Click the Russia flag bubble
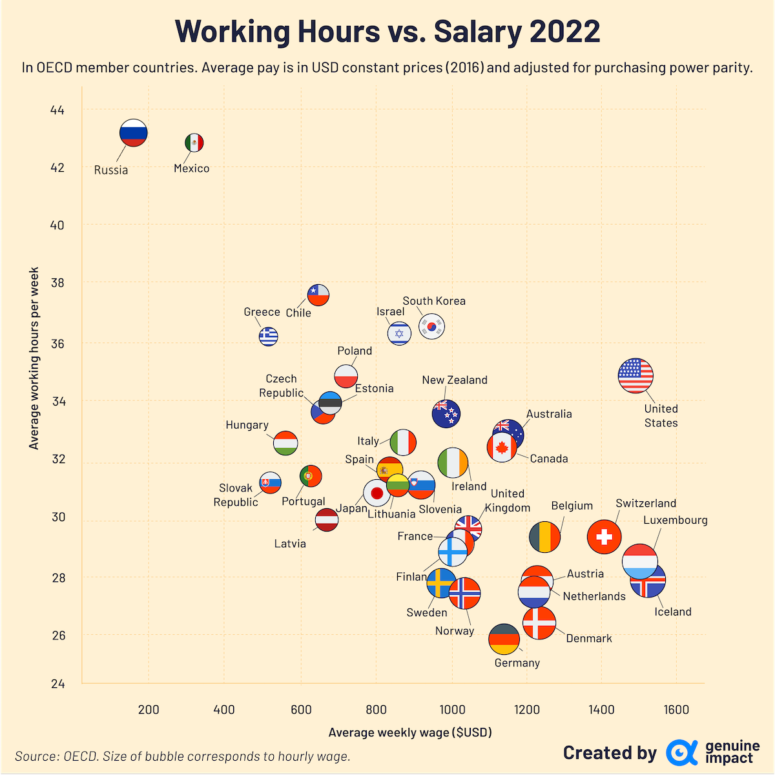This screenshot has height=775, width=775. click(x=134, y=133)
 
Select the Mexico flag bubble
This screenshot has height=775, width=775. click(x=194, y=143)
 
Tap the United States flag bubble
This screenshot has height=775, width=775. click(x=635, y=375)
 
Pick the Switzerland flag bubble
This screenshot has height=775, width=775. click(x=604, y=536)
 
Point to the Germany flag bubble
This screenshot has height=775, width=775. click(x=504, y=639)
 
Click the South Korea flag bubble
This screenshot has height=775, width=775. click(x=431, y=327)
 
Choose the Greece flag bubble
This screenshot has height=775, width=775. click(x=268, y=336)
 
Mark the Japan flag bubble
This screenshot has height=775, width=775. click(x=377, y=493)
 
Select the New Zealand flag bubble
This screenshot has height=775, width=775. click(x=446, y=414)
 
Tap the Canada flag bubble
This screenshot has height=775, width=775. click(x=502, y=448)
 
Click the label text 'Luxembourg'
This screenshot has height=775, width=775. click(x=676, y=520)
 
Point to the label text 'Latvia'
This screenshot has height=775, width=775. click(x=290, y=543)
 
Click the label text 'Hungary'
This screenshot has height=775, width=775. click(x=247, y=425)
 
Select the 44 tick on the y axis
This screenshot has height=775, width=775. click(x=57, y=110)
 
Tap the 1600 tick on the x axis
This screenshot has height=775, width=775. click(x=676, y=710)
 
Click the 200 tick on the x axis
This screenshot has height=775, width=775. click(x=149, y=710)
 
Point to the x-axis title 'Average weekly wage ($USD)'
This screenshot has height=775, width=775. click(x=410, y=732)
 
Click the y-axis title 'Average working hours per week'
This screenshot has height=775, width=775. click(x=34, y=358)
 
